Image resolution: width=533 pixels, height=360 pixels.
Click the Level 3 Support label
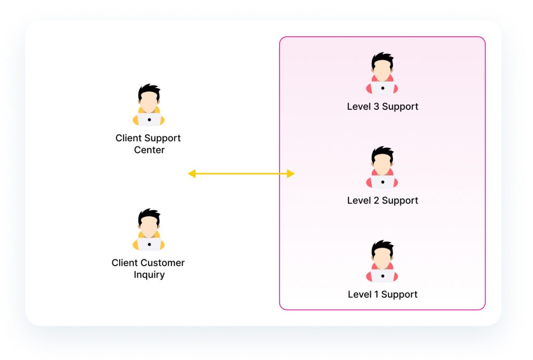pyautogui.click(x=383, y=107)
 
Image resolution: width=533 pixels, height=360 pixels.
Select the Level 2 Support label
pyautogui.click(x=383, y=201)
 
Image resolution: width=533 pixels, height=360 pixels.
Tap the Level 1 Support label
pyautogui.click(x=383, y=295)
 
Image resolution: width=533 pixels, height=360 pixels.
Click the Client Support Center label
pyautogui.click(x=148, y=144)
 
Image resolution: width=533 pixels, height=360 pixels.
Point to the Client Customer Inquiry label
pyautogui.click(x=148, y=268)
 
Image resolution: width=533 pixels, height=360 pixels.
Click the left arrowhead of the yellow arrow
pyautogui.click(x=192, y=173)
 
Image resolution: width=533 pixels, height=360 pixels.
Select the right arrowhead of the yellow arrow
pyautogui.click(x=290, y=173)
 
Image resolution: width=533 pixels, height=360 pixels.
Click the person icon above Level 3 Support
pyautogui.click(x=382, y=73)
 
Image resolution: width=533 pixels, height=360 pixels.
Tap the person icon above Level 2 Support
pyautogui.click(x=382, y=167)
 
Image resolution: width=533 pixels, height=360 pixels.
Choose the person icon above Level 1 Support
pyautogui.click(x=382, y=261)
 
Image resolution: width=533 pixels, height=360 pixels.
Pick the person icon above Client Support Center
pyautogui.click(x=148, y=105)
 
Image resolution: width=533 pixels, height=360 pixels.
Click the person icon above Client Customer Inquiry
pyautogui.click(x=148, y=229)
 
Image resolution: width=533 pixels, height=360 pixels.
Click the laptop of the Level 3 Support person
pyautogui.click(x=383, y=88)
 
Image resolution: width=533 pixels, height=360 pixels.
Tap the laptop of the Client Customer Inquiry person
pyautogui.click(x=149, y=244)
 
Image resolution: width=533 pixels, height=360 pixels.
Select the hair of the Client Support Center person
pyautogui.click(x=149, y=91)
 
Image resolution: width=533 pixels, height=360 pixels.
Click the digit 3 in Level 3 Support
pyautogui.click(x=376, y=106)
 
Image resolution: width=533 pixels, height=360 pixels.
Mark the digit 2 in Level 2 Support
pyautogui.click(x=376, y=201)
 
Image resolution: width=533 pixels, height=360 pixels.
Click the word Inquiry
pyautogui.click(x=149, y=275)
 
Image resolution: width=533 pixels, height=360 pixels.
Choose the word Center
pyautogui.click(x=149, y=150)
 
